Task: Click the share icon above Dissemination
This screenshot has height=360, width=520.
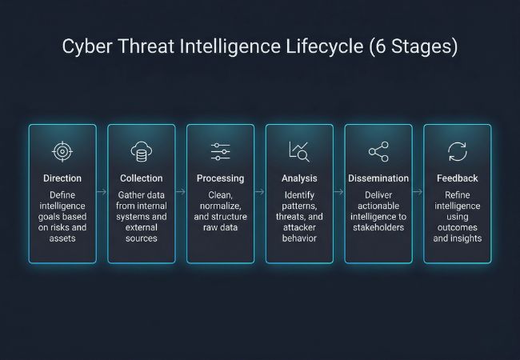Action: pos(378,152)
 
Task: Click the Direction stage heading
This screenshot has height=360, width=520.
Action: pos(62,178)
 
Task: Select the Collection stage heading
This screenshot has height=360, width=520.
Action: pos(141,178)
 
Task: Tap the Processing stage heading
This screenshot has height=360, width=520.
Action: pos(220,178)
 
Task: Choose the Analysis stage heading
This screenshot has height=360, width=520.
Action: pos(299,178)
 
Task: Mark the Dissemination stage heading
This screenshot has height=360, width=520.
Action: pos(378,178)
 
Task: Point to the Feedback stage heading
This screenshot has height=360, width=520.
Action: pos(457,178)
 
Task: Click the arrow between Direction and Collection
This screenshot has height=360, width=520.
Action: pos(102,192)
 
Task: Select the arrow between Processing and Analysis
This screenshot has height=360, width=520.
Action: pos(260,192)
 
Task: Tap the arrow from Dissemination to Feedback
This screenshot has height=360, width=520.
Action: pos(418,192)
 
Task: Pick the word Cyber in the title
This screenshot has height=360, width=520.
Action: pos(85,46)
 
